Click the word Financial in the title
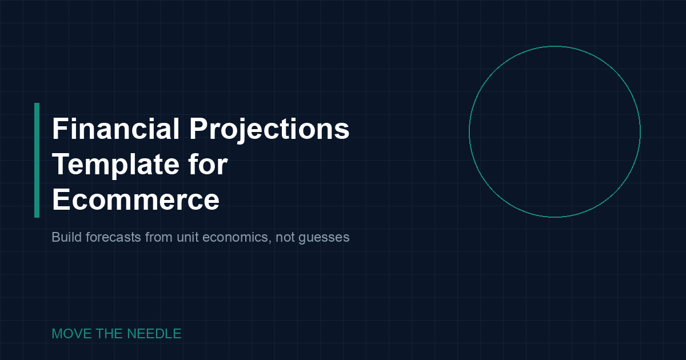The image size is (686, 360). pyautogui.click(x=116, y=129)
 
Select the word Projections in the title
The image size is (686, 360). pyautogui.click(x=269, y=130)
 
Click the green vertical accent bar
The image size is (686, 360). pyautogui.click(x=37, y=160)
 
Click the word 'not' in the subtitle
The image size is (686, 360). pyautogui.click(x=285, y=237)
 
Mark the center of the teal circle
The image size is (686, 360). pyautogui.click(x=555, y=131)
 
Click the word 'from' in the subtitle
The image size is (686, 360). pyautogui.click(x=158, y=237)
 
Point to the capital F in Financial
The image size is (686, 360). pyautogui.click(x=59, y=129)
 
